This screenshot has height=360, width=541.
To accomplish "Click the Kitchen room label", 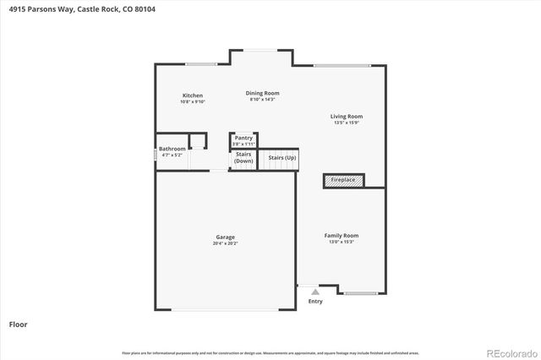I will point(193,95).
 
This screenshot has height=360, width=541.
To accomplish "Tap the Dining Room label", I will point(262,93).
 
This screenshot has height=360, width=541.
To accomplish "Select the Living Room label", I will point(346,116).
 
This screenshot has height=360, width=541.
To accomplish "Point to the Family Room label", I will point(342,235).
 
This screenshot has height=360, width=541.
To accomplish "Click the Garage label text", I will point(225,237).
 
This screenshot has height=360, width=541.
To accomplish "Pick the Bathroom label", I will point(172,149).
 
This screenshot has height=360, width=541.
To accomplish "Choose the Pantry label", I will point(243,138).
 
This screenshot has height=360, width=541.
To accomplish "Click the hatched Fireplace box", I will point(343,180).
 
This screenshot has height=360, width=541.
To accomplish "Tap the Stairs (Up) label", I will point(282,158).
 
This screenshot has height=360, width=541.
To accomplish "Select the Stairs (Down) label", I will point(243,158).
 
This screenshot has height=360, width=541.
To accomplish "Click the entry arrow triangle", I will point(315,292).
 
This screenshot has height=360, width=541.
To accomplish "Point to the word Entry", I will point(315,301).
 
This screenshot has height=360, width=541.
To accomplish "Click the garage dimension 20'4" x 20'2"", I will point(226,243).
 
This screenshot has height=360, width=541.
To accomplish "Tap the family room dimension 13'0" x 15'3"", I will point(342,242).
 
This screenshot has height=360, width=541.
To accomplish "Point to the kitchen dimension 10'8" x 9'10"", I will point(193,101).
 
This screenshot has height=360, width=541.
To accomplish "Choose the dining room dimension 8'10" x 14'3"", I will point(262,100).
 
